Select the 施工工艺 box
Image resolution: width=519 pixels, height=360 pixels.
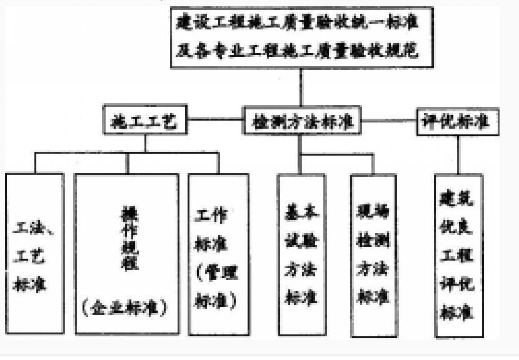pyautogui.click(x=146, y=121)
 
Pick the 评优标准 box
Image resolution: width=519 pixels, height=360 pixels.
pyautogui.click(x=458, y=121)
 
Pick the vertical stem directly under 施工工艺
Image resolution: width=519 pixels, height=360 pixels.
pyautogui.click(x=146, y=142)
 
